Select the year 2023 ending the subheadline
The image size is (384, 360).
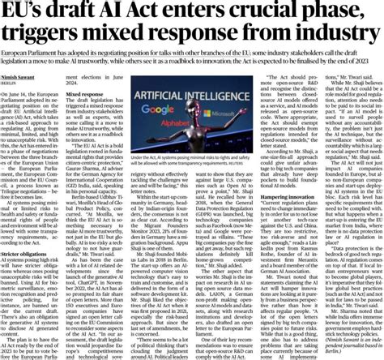click(x=367, y=61)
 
